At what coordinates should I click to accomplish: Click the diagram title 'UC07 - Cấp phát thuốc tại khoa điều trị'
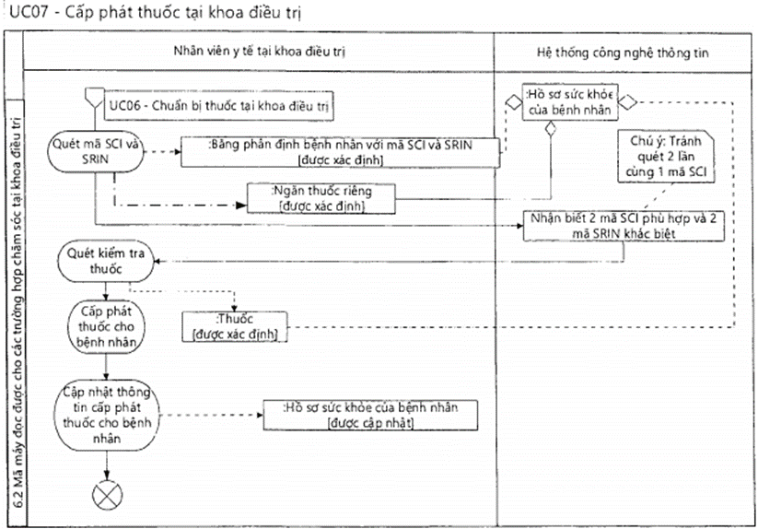click(153, 14)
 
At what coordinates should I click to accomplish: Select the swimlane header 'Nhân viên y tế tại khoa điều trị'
click(258, 52)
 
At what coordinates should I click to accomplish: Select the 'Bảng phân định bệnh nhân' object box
click(342, 152)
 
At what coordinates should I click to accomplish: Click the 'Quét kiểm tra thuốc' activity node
click(107, 262)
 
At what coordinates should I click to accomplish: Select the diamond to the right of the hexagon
click(625, 101)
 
